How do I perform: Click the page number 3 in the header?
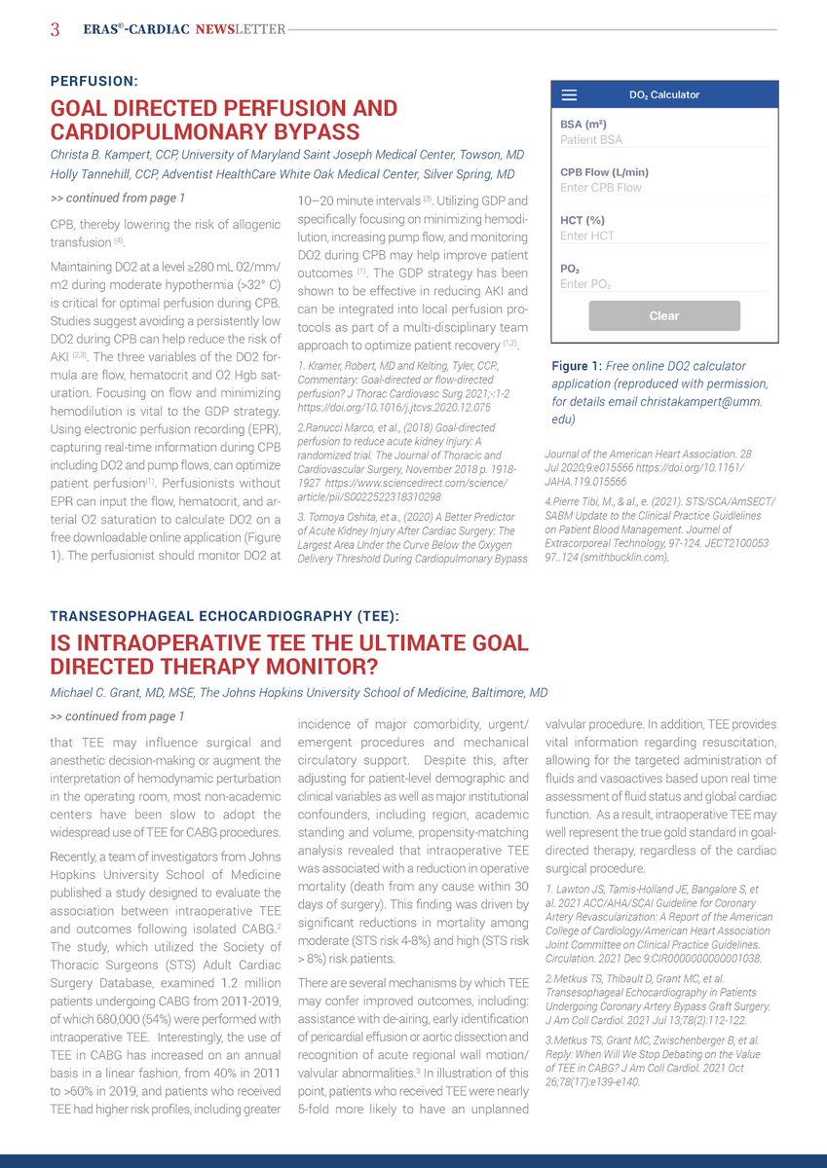coord(56,29)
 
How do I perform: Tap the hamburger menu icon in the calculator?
coord(570,95)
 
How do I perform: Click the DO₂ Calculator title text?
coord(664,95)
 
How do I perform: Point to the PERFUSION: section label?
coord(94,81)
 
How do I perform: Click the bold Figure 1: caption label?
coord(577,366)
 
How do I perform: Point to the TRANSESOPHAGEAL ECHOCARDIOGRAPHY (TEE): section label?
coord(224,616)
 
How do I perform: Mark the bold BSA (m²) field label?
coord(583,125)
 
